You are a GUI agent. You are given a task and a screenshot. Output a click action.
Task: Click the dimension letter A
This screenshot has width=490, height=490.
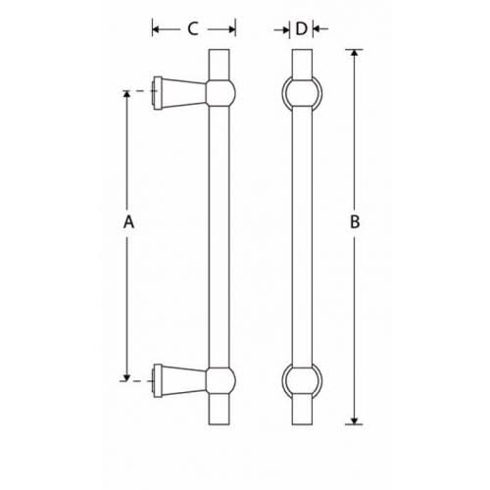[127, 223]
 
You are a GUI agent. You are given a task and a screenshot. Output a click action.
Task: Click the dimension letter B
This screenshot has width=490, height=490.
[355, 223]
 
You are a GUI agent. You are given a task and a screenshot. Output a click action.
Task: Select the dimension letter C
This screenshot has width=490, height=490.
[193, 28]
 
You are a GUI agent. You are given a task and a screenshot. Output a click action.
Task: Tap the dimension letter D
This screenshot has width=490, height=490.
[301, 28]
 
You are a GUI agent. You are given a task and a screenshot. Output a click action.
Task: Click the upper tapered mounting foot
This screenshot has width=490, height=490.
[176, 91]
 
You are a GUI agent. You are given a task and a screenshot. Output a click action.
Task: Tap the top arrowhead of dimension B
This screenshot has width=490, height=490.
[355, 53]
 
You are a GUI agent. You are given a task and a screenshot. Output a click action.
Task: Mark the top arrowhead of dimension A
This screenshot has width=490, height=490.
[127, 96]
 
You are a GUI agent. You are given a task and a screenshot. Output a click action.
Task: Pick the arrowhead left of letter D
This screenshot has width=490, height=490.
[287, 29]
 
